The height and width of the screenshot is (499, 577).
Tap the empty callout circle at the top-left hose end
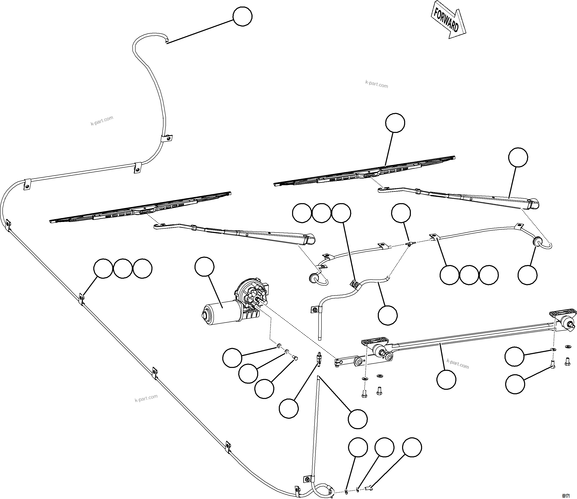click(242, 17)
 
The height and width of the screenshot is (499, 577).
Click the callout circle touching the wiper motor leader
click(204, 267)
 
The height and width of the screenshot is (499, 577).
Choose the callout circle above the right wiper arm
click(518, 157)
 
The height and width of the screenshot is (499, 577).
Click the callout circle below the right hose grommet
click(527, 275)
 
